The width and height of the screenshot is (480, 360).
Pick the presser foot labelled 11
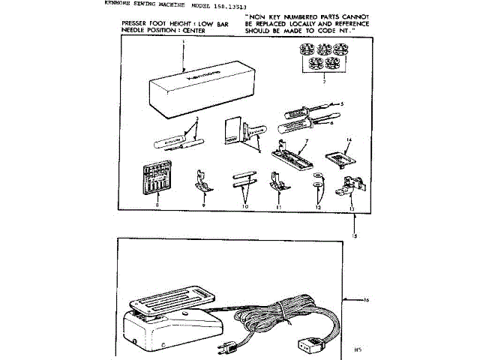pyautogui.click(x=276, y=181)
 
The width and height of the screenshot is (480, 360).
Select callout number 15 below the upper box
pyautogui.click(x=355, y=236)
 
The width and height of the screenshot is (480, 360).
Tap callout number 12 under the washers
pyautogui.click(x=317, y=205)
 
